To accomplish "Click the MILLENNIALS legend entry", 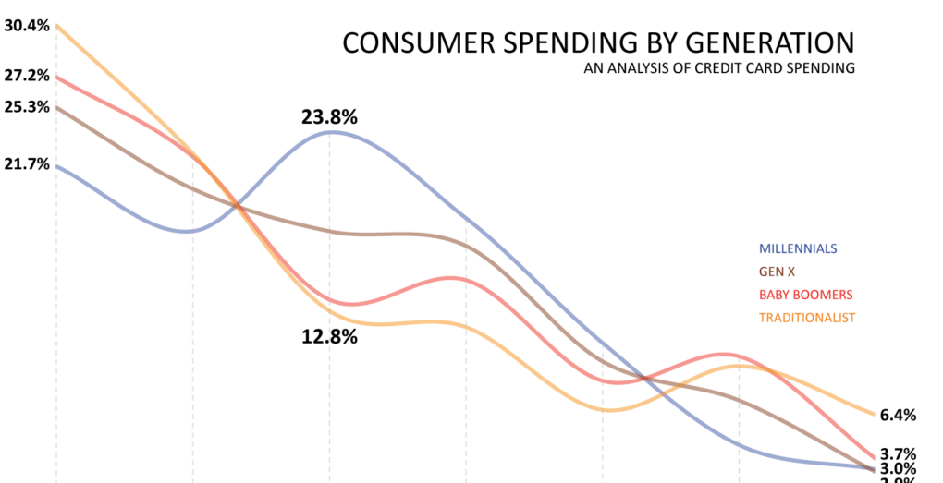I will (798, 248).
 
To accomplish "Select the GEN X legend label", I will (777, 272).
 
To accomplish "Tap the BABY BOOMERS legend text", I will (805, 295).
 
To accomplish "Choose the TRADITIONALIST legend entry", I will (807, 318).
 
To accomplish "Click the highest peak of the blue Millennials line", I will (331, 132).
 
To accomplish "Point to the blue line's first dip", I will (189, 231).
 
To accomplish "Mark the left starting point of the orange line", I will (57, 26).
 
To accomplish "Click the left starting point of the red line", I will (57, 78).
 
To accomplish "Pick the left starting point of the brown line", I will (57, 108).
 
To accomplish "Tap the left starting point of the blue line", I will (57, 167).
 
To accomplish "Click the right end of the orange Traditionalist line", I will (875, 415).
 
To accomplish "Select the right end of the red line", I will (875, 458).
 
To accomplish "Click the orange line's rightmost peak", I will (741, 366).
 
